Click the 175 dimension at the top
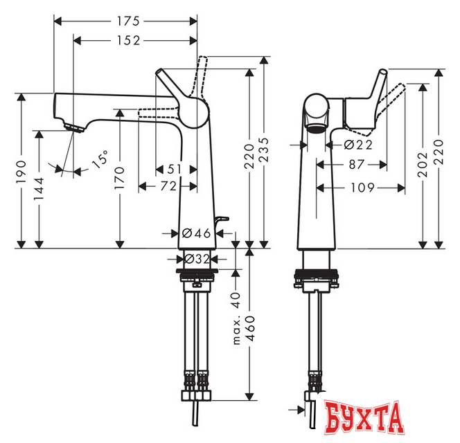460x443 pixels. [125, 21]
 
